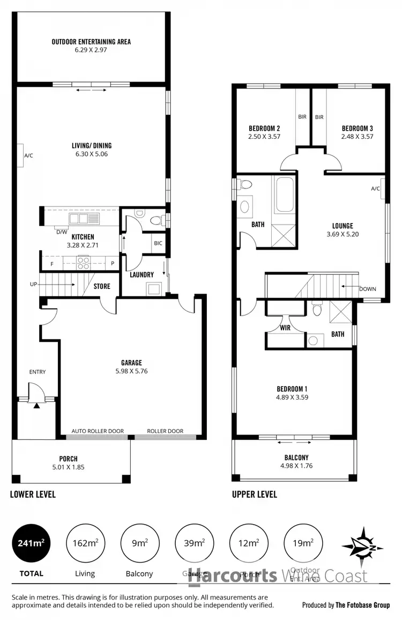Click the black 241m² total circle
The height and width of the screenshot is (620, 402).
pos(31,543)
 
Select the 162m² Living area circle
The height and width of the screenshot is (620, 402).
pos(85,543)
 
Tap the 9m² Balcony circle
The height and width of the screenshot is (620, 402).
pos(139,543)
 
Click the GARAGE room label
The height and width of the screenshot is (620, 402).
pos(131,363)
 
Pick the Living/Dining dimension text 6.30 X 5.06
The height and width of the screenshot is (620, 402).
pos(92,154)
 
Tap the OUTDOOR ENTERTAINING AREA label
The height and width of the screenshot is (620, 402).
pos(91,42)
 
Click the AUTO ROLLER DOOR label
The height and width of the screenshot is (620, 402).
pos(99,431)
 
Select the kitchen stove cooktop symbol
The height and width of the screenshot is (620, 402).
pos(84,263)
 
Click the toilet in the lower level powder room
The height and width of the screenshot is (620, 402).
pos(155,219)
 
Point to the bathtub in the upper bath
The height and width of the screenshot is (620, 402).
pos(284,194)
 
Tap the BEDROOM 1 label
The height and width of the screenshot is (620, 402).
pos(292,389)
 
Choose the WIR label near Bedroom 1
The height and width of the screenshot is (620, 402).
pos(285,326)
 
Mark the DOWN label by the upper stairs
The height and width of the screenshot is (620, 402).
pos(368,289)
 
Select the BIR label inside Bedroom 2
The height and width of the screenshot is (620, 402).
pos(302,117)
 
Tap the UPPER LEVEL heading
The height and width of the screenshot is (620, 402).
pos(254,494)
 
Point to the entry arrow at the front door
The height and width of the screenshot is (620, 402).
pos(36,406)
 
